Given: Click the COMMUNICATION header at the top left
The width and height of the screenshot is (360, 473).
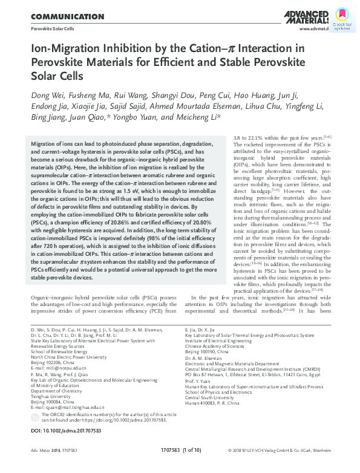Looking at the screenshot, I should click(67, 16).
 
